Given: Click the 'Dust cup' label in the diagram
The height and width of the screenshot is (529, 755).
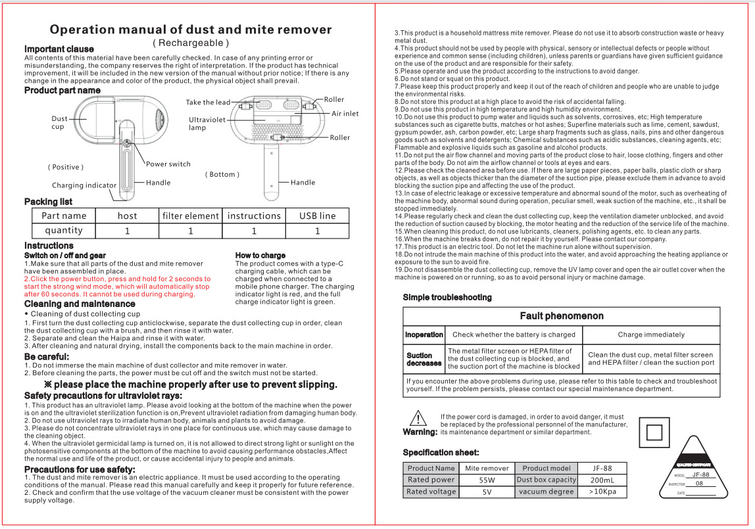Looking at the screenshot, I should (59, 123).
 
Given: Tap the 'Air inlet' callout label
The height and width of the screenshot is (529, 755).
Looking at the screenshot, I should (345, 114).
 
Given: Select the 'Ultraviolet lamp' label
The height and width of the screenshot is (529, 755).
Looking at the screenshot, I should (207, 124).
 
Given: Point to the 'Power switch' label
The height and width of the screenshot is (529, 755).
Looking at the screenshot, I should (168, 164).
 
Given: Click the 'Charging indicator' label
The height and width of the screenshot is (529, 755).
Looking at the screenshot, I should (84, 186).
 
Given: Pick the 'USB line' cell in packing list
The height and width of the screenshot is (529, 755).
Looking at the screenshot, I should (317, 216).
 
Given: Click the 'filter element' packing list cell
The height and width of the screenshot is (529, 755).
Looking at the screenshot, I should (190, 216).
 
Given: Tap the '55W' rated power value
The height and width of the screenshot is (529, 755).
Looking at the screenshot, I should (487, 480).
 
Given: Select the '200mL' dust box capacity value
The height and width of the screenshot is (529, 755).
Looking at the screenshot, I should (602, 480).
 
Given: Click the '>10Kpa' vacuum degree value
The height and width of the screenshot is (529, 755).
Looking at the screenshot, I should (602, 492).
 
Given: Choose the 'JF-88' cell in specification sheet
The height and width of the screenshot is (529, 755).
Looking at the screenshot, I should (602, 468).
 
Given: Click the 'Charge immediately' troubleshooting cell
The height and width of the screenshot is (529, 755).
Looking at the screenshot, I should (651, 334).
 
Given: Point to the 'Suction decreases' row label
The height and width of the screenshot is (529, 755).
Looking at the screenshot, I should (424, 359).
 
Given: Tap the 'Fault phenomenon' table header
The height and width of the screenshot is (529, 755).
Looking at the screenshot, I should (561, 316).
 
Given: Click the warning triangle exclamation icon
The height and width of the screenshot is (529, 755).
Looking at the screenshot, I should (419, 418).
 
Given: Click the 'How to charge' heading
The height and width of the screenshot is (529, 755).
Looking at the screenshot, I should (260, 255).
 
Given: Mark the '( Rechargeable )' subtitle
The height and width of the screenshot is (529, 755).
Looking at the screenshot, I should (191, 43).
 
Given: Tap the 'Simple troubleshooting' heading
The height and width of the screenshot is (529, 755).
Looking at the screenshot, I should (447, 298).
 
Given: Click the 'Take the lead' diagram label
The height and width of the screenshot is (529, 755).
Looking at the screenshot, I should (208, 103).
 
